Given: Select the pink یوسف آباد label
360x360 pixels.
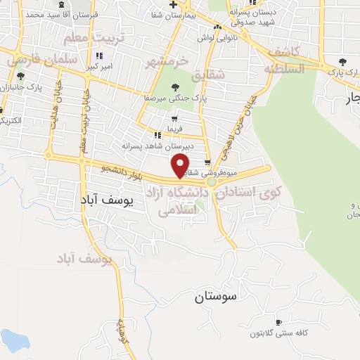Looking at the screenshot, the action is [85, 259].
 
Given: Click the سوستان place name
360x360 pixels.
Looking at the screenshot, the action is [215, 296].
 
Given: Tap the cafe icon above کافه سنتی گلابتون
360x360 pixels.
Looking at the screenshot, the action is [279, 322].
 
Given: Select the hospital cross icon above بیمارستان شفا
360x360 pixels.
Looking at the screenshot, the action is [174, 4].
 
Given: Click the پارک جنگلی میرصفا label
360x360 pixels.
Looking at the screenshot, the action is [174, 99].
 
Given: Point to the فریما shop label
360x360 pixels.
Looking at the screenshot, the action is [172, 129].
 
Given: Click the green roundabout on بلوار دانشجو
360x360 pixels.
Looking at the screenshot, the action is [211, 182].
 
